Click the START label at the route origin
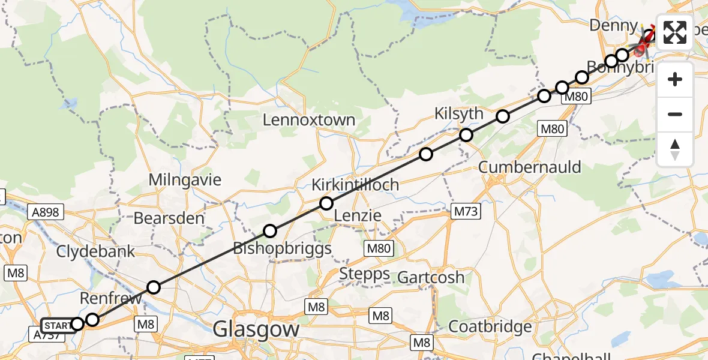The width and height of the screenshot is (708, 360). coord(58,326)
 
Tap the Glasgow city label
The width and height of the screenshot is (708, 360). coord(256,329)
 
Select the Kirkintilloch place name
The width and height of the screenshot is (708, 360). coord(355,185)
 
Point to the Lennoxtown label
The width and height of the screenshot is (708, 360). coord(309,120)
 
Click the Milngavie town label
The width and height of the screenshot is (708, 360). coord(185,179)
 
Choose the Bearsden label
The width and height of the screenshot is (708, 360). coord(169,218)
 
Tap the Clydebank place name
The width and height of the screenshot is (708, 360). coord(96,251)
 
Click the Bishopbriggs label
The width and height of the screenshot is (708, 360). coord(282,248)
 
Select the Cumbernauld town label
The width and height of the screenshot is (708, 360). coord(530,167)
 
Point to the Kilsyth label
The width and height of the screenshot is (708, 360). coord(458,113)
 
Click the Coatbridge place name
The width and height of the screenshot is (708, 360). coord(490,327)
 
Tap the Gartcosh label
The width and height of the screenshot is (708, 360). coord(431,277)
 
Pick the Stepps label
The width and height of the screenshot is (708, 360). coord(365,275)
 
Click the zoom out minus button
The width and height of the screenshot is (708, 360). coord(675,114)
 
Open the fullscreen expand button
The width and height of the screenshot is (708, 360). coord(675,32)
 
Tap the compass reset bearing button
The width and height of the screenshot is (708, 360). coord(675,149)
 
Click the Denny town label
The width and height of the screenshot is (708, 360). coord(613,26)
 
